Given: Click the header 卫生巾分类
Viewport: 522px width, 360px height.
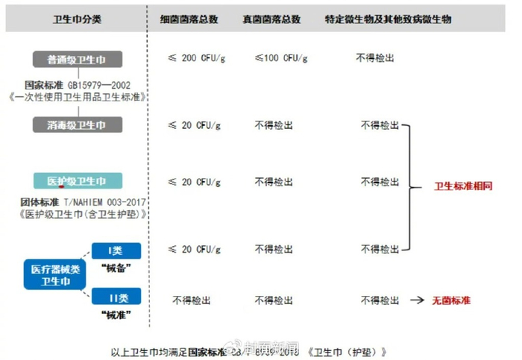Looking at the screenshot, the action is (x=78, y=19).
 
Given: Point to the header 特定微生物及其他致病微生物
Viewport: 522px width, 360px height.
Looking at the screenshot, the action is (x=388, y=19).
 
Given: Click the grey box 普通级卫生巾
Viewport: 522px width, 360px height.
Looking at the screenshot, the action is (x=77, y=59).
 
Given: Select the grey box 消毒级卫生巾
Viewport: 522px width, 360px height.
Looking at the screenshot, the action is (x=77, y=124).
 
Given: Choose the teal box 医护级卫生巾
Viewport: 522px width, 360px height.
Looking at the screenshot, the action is (x=77, y=182).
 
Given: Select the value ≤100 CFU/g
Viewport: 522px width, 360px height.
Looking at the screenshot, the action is (x=281, y=58).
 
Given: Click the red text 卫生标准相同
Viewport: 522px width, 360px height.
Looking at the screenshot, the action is (x=463, y=186).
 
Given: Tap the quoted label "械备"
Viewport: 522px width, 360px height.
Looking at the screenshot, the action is (x=116, y=267).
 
